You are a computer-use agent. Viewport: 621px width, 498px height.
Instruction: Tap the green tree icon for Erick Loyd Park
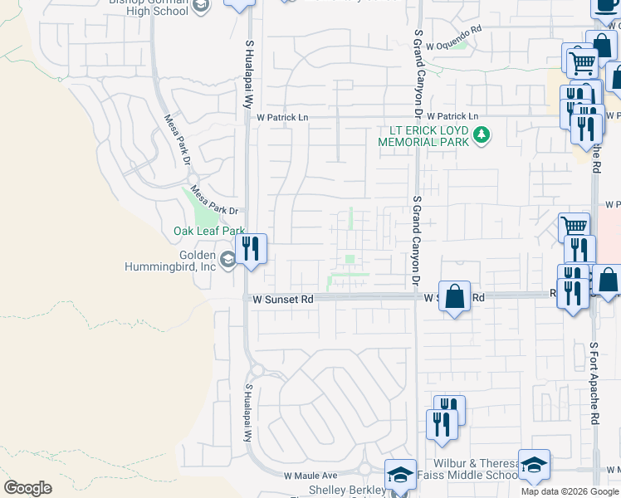click(x=480, y=134)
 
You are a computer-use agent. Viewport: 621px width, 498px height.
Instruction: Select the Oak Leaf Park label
click(x=208, y=231)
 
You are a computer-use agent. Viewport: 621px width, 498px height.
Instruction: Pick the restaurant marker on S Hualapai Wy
click(x=250, y=247)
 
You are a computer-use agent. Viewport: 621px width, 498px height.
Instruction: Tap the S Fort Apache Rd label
click(x=594, y=383)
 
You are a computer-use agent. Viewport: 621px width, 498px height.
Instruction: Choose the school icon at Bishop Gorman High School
click(x=200, y=7)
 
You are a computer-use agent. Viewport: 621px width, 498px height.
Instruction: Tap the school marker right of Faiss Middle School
click(x=534, y=465)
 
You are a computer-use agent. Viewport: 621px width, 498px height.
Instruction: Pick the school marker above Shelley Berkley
click(x=400, y=475)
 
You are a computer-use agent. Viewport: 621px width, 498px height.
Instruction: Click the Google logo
click(x=27, y=488)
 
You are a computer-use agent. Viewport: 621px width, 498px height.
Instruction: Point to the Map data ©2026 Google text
click(x=570, y=491)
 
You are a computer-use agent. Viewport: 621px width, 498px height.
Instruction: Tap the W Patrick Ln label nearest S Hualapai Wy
click(x=281, y=118)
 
